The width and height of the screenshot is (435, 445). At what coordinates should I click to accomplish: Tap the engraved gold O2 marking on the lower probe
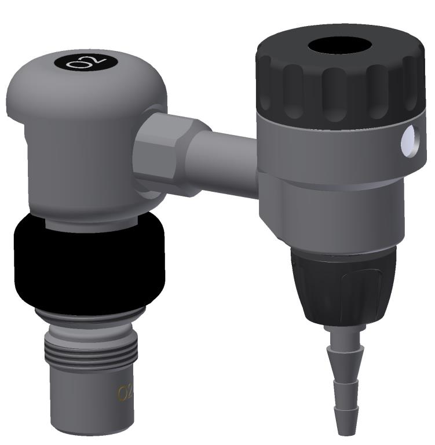126,393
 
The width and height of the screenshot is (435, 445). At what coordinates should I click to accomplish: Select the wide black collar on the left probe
89,264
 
